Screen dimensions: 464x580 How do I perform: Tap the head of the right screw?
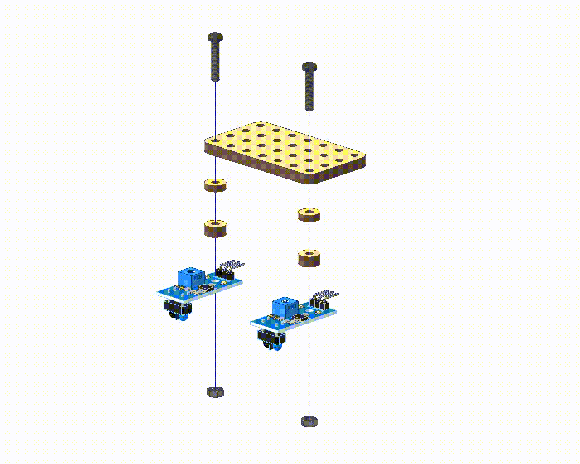click(x=309, y=67)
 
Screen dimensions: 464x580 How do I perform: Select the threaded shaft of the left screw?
click(x=215, y=61)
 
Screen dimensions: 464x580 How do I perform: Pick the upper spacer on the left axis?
click(x=215, y=185)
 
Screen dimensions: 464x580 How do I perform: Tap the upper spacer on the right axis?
click(x=309, y=214)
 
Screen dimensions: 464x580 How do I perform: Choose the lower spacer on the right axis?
click(x=309, y=258)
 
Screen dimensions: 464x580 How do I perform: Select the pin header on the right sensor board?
click(x=323, y=299)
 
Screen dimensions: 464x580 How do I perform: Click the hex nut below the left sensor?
click(x=215, y=391)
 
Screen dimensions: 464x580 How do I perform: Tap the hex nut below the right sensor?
click(x=309, y=421)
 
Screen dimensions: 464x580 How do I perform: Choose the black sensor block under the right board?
click(x=270, y=338)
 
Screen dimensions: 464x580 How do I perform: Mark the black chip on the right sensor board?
click(x=300, y=319)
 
